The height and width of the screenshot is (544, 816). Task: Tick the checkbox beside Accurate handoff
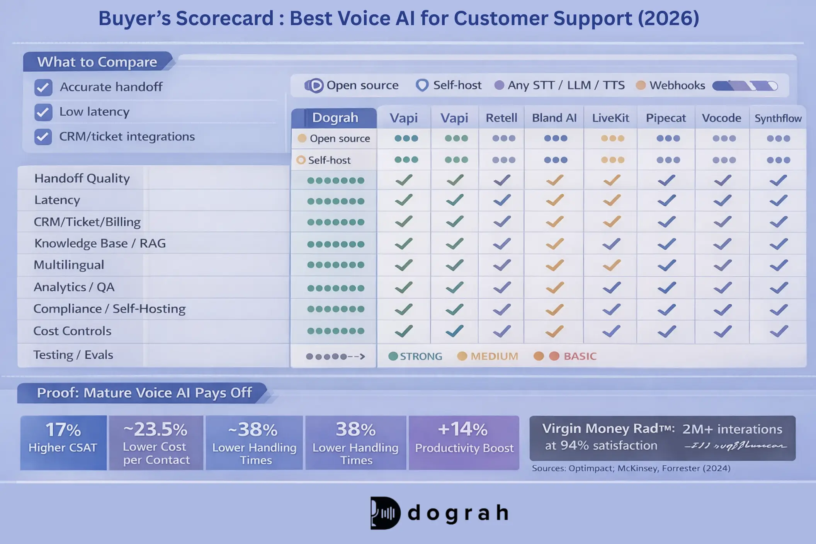coord(43,88)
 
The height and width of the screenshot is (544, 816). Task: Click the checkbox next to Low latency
coord(43,112)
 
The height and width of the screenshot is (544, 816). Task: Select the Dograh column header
coord(335,118)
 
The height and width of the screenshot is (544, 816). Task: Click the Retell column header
coord(501,118)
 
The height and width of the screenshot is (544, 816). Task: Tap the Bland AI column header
coord(554,118)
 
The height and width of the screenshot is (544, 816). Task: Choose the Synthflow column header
coord(778,118)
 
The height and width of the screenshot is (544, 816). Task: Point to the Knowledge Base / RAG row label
coord(100,243)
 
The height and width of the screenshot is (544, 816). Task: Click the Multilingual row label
coord(69,265)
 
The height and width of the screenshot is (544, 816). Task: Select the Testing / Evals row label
coord(73,355)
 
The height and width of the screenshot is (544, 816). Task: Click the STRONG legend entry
coord(415,356)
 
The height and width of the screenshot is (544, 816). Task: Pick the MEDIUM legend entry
coord(488,356)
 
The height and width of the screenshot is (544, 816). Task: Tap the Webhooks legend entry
coord(671,85)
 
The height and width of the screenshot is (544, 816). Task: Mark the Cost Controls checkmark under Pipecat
coord(666,331)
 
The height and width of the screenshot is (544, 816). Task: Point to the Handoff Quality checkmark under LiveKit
coord(612,180)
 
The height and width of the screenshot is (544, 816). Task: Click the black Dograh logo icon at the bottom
coord(385,513)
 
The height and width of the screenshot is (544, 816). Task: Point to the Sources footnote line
coord(631,468)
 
